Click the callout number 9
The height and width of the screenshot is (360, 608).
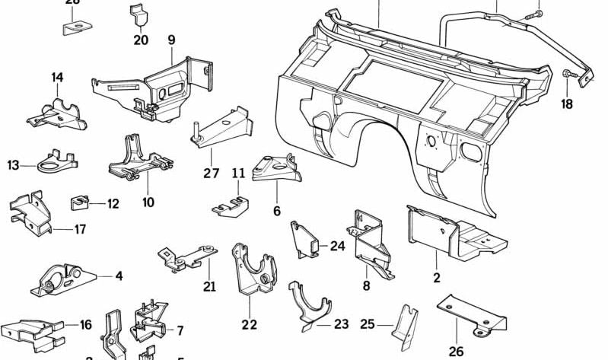click(171, 40)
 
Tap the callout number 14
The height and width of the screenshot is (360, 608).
click(58, 77)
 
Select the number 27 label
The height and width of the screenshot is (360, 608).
click(211, 173)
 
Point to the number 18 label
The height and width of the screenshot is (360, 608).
click(567, 104)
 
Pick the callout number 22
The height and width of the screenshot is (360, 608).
click(250, 325)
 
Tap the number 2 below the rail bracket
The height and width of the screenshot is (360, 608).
click(437, 278)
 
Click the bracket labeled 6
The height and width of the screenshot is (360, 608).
click(274, 168)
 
